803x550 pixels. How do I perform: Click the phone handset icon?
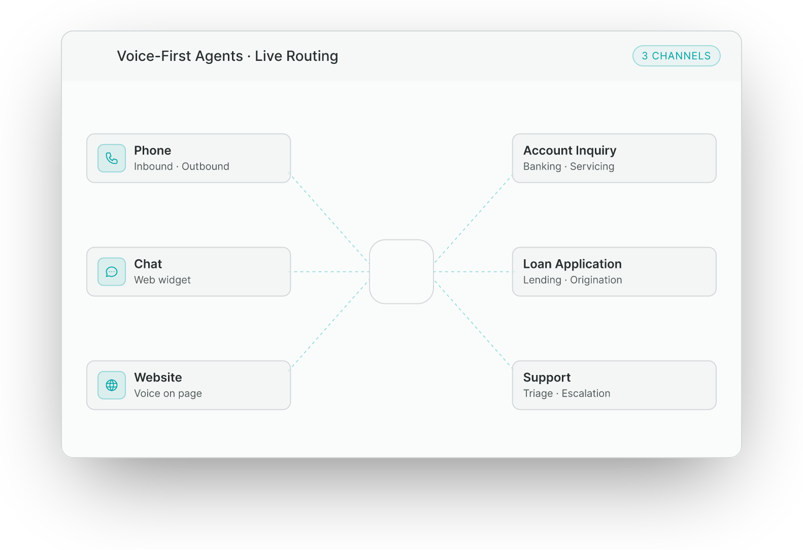[x=112, y=158]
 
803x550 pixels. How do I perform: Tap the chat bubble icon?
[x=112, y=271]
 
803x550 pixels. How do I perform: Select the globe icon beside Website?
[x=112, y=385]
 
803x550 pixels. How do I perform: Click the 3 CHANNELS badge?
[x=676, y=56]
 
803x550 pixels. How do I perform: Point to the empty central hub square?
[x=401, y=271]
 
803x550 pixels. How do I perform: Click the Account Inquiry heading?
[x=570, y=151]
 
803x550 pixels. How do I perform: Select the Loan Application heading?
[x=572, y=264]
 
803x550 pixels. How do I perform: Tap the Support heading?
[x=547, y=377]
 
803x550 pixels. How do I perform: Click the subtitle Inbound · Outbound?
[x=181, y=166]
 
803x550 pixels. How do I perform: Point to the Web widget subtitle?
[x=162, y=280]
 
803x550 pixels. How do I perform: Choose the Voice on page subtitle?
[x=168, y=393]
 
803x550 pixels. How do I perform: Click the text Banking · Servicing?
[x=568, y=166]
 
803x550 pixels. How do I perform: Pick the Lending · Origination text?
[x=573, y=280]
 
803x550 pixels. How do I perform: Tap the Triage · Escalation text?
[x=566, y=393]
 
